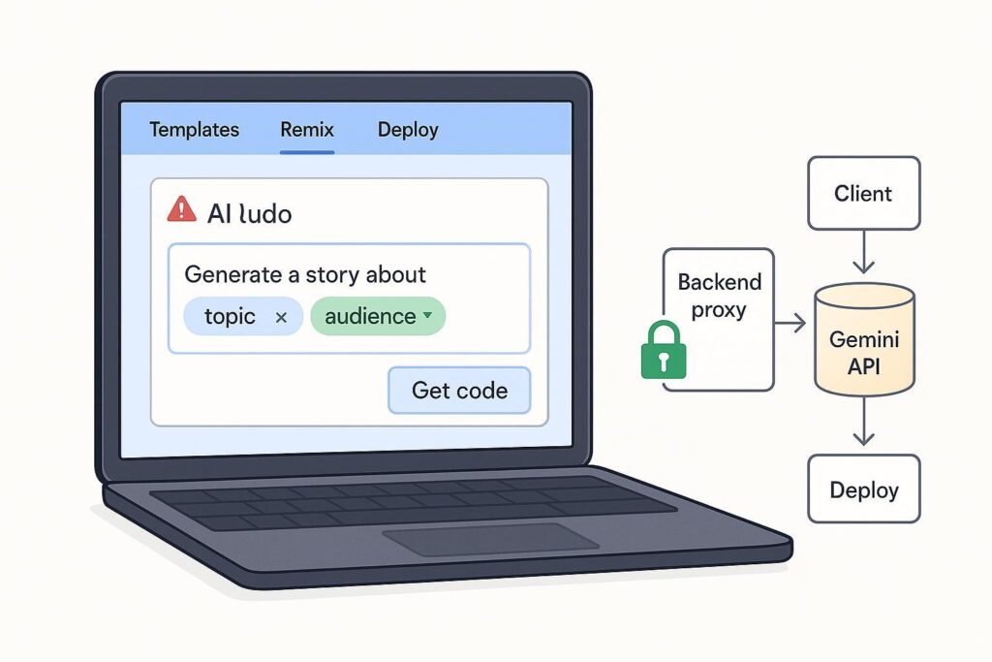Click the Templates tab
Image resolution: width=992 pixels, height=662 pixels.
coord(194,130)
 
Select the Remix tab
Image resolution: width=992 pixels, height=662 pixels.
coord(307,130)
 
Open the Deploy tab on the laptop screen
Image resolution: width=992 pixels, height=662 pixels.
coord(408,130)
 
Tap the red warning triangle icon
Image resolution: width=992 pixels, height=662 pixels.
coord(181,208)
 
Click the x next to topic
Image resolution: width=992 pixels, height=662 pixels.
coord(281,317)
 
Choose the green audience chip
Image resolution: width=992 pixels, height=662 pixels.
coord(377,317)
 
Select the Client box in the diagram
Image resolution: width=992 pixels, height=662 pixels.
coord(863,194)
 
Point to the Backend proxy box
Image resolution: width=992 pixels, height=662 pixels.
coord(719,296)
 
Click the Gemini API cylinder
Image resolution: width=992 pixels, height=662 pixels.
coord(864,340)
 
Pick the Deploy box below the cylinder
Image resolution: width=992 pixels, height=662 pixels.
coord(863,489)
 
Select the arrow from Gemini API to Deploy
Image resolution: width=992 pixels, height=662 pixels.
coord(863,425)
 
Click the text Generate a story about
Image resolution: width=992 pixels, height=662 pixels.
coord(305,274)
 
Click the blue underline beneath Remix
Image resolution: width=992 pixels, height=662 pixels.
coord(307,152)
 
